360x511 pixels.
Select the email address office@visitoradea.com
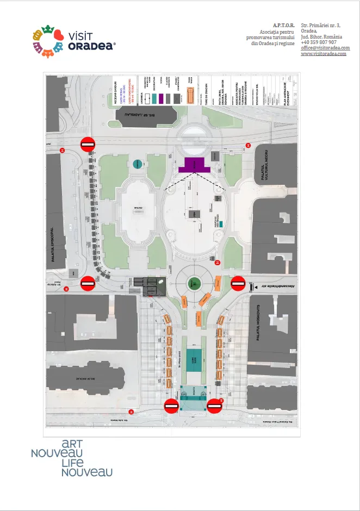325,48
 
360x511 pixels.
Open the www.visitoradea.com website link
324,54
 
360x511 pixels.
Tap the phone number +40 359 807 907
319,42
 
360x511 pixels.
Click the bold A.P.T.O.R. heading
283,25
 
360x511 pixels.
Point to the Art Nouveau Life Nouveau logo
72,458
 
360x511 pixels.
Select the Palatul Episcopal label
53,245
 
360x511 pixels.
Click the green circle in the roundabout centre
194,283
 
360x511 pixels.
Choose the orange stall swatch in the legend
190,97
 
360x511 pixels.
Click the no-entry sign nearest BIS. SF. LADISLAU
89,144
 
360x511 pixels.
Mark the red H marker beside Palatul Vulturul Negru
248,145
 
